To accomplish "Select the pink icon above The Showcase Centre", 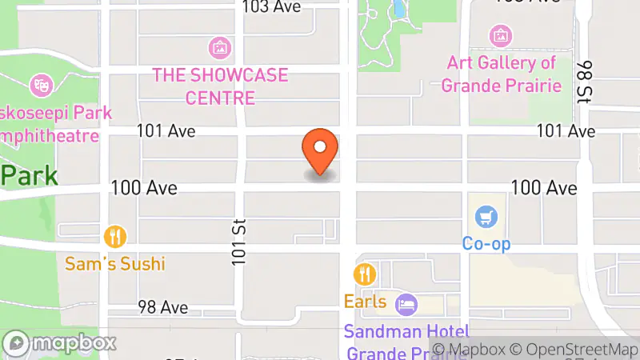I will click(219, 47).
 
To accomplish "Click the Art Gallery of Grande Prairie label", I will click(502, 74).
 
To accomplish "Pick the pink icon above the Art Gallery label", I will click(501, 35).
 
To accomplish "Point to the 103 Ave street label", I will click(273, 6).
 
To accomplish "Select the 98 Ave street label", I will click(162, 307).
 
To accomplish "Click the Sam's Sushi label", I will click(116, 263).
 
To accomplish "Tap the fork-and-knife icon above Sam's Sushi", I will click(116, 237).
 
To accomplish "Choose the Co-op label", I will click(486, 243).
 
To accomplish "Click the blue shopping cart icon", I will click(485, 216).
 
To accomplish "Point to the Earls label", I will click(366, 302).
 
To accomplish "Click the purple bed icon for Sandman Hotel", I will click(407, 304).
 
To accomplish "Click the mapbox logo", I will click(59, 343).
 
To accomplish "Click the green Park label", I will click(29, 174).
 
